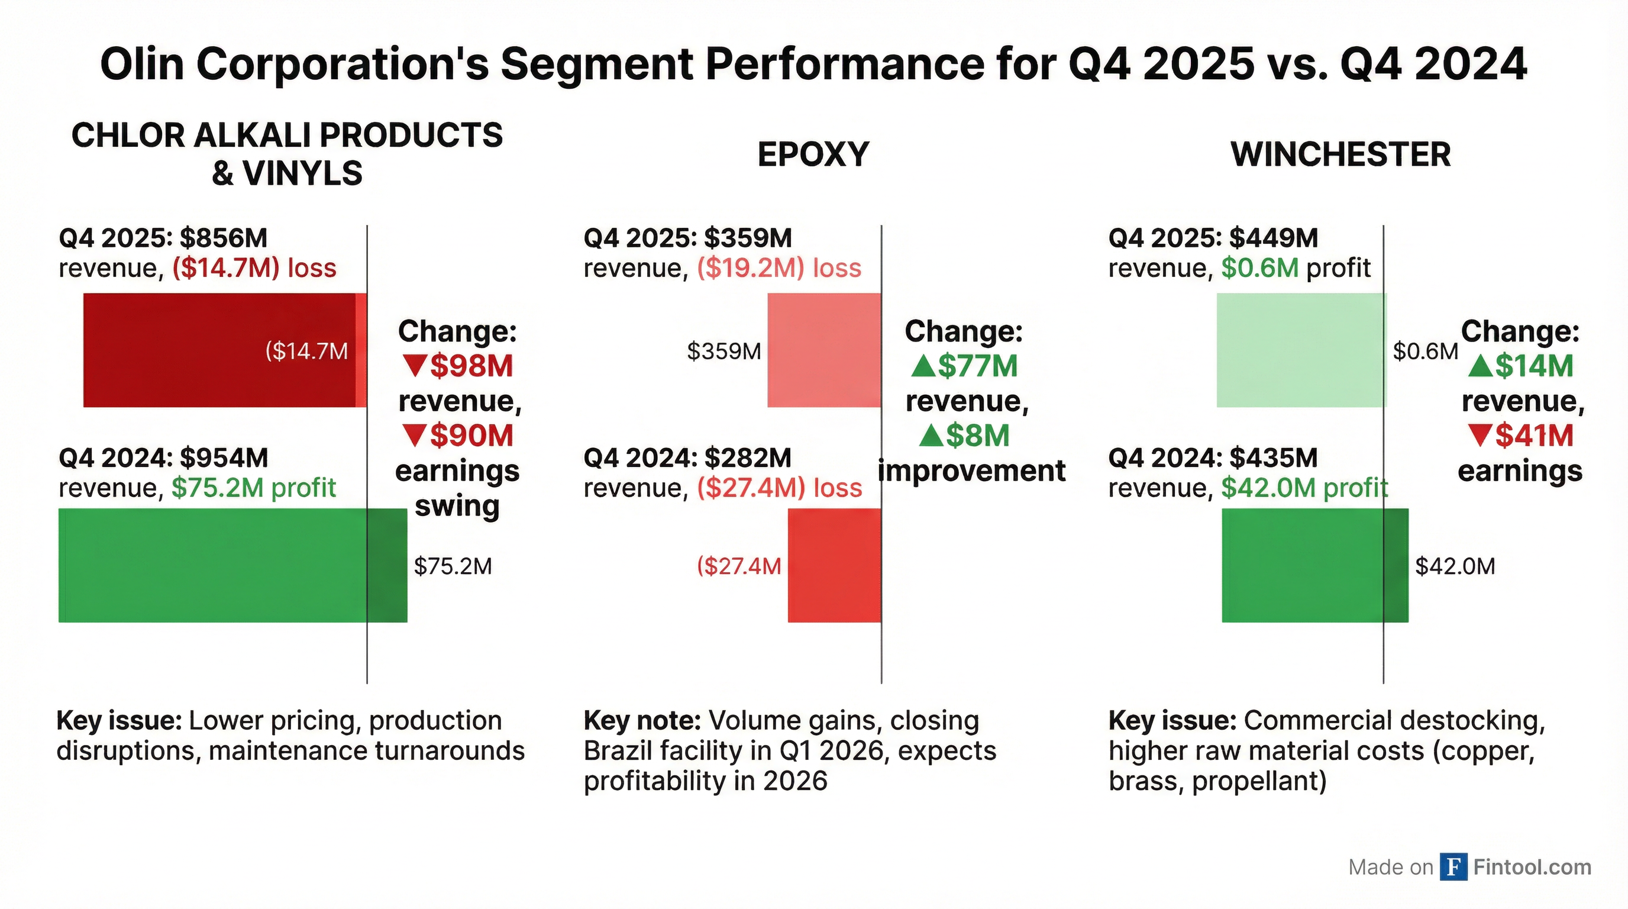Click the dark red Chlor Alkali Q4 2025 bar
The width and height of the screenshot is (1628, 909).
point(221,350)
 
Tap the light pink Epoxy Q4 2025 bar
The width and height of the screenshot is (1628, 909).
point(823,350)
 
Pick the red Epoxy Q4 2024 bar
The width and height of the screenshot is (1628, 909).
point(834,565)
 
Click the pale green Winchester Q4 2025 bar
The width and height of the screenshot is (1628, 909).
point(1301,350)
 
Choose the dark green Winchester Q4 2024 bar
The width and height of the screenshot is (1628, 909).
point(1314,565)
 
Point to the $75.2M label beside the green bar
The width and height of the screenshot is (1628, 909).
point(453,566)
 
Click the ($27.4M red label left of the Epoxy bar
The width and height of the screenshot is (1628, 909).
point(738,566)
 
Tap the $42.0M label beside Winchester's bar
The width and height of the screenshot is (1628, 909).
point(1455,566)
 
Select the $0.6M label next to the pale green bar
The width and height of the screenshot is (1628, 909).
point(1425,351)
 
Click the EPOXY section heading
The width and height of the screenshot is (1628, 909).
point(813,155)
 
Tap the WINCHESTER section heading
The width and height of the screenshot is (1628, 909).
point(1340,155)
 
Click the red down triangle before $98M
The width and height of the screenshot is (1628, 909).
point(415,365)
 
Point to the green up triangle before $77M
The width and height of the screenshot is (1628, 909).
point(923,365)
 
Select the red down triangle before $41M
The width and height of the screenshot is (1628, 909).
point(1480,435)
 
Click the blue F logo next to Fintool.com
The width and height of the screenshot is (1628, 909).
point(1453,866)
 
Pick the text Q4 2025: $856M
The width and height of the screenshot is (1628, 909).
point(163,238)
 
